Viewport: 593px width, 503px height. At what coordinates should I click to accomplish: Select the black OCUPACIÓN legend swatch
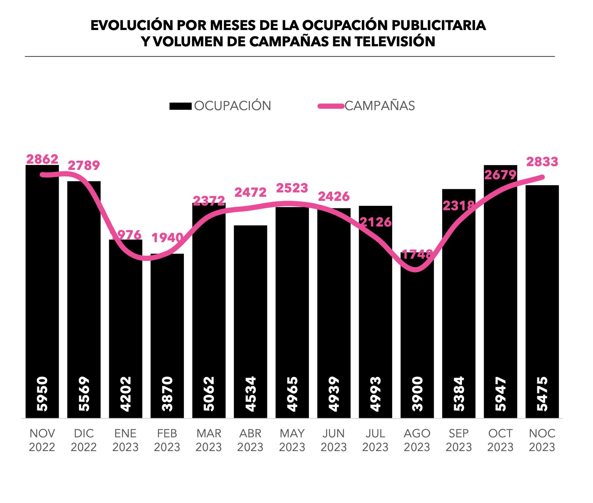point(180,106)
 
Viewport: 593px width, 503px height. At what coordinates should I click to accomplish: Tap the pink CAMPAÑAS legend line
point(331,106)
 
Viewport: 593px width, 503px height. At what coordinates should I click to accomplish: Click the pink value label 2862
point(42,159)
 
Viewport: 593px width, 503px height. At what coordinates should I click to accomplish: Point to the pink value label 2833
point(542,162)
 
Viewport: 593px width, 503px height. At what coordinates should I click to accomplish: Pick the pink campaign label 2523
point(292,188)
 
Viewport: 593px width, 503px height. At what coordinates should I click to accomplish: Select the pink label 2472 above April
point(250,192)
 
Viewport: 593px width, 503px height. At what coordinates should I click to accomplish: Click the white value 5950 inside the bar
point(42,394)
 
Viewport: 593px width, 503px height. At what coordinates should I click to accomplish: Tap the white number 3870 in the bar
point(167,394)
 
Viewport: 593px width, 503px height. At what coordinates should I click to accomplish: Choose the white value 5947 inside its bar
point(500,394)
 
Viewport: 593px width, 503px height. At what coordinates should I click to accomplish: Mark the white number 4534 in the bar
point(251,394)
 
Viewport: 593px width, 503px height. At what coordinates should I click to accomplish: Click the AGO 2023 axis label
point(417,440)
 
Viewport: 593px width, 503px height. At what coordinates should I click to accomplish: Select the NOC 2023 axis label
point(542,440)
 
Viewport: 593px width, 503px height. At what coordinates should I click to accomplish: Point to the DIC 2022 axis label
point(84,440)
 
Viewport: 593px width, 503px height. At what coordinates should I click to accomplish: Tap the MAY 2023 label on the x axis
point(292,440)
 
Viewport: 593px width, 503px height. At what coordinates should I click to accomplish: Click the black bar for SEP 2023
point(459,297)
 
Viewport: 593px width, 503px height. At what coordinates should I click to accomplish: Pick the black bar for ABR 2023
point(251,311)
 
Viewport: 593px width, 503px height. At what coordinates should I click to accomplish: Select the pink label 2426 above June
point(334,197)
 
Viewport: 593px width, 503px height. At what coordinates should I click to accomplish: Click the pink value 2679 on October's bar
point(500,175)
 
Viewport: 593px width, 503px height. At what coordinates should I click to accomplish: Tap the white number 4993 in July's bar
point(375,394)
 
